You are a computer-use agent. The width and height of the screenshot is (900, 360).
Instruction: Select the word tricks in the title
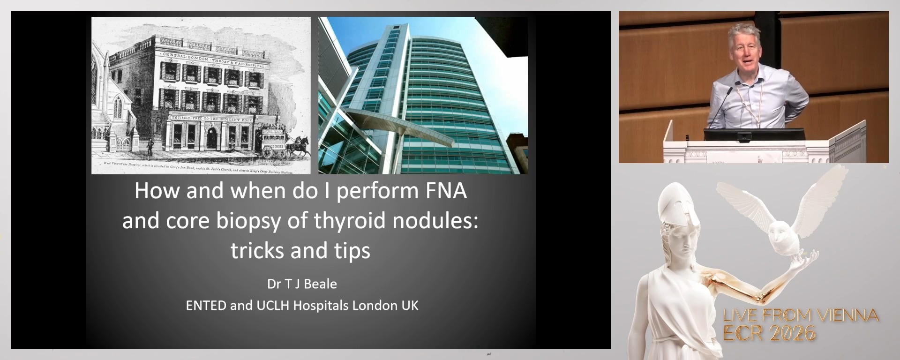click(257, 251)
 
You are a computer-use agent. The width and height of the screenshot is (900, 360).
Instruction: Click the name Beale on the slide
click(320, 284)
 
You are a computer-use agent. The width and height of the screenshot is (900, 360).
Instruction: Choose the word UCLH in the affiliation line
click(272, 306)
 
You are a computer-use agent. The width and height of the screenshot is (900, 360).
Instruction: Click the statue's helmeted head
click(677, 206)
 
